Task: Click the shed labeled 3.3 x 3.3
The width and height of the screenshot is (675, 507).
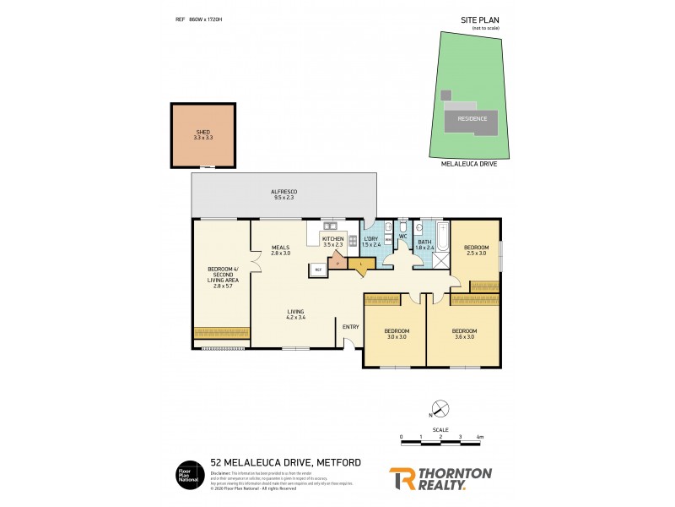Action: pyautogui.click(x=202, y=135)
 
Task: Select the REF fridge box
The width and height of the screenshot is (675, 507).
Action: pyautogui.click(x=319, y=270)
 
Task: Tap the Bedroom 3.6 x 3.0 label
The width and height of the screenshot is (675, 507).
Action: pyautogui.click(x=463, y=333)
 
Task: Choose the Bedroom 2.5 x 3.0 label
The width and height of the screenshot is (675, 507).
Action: pyautogui.click(x=476, y=251)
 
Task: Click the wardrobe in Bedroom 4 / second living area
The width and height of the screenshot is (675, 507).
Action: pyautogui.click(x=221, y=332)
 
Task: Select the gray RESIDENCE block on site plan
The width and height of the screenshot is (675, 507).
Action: pyautogui.click(x=472, y=118)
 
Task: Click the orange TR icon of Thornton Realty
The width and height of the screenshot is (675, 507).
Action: pyautogui.click(x=401, y=479)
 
